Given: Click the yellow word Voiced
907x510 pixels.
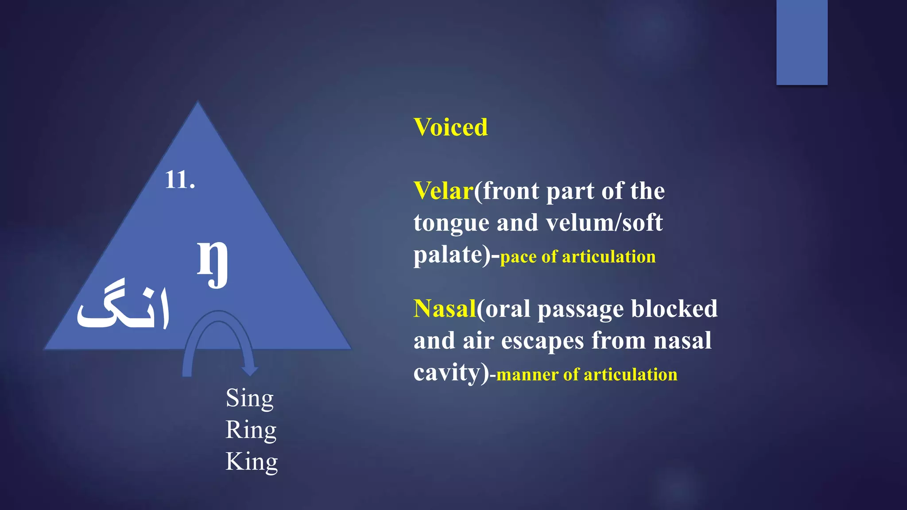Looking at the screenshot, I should (450, 127).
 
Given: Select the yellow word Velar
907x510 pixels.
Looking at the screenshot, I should (443, 191).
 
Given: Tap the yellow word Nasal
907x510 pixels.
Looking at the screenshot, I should (445, 309).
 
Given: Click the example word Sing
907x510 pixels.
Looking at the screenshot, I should (250, 398).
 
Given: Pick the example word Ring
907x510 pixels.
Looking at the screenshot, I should (251, 430).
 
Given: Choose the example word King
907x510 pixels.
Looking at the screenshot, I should (252, 462).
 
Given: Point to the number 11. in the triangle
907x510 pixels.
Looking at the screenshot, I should (180, 180).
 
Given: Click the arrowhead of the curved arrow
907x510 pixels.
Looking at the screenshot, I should (250, 370).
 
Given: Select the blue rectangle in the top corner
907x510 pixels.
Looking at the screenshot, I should (802, 42).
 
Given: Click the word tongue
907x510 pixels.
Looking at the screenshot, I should (451, 223).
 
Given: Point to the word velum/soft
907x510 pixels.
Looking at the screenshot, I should (604, 223).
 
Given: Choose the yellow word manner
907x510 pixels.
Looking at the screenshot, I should (527, 375).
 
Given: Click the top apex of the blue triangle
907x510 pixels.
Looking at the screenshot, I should (198, 103).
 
